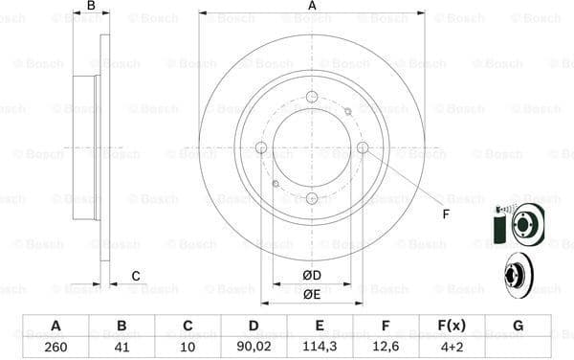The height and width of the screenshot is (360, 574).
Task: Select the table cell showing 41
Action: coord(121,348)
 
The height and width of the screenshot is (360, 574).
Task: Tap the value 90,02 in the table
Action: coord(254,348)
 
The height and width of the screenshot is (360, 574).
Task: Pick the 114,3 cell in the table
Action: coord(320,348)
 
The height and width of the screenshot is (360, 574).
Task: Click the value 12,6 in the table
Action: coord(386,348)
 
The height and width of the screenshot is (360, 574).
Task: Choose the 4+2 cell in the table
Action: coord(452,348)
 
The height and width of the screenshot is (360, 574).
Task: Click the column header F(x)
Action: coord(452,326)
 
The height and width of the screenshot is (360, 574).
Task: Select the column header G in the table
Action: coord(518,326)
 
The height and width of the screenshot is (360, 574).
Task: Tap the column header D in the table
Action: coord(254,326)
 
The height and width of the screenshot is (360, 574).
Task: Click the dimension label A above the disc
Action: coord(312,7)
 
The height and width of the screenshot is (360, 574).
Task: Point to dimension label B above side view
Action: coord(91,7)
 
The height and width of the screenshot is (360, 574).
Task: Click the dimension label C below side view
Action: coord(136,277)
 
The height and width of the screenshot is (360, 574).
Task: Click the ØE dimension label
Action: coord(311,295)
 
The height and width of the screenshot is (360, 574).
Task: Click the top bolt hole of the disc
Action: coord(312,96)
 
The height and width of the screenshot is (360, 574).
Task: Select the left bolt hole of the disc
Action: coord(261,146)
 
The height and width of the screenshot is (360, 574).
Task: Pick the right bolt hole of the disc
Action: coord(363,146)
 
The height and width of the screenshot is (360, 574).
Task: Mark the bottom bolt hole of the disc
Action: coord(312,197)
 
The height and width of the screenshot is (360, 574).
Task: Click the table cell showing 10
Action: coord(188,348)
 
